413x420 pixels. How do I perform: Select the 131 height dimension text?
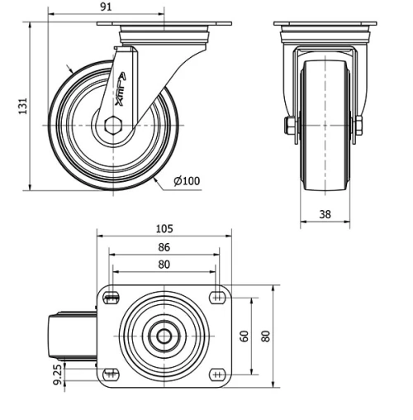click(x=23, y=106)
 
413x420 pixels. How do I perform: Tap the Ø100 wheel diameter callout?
click(x=187, y=181)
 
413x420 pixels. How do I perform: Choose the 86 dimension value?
click(x=164, y=247)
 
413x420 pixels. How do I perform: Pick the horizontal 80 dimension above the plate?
click(x=164, y=265)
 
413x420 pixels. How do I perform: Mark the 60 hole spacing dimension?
click(x=244, y=335)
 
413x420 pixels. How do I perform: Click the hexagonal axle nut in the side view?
click(x=113, y=125)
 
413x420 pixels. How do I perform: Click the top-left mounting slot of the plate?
click(x=111, y=297)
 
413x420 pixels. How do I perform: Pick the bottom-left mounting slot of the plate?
click(x=111, y=374)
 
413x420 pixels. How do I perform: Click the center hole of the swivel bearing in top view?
click(x=164, y=336)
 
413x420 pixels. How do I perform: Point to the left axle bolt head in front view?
click(x=290, y=126)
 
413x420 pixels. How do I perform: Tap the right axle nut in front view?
click(x=358, y=126)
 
